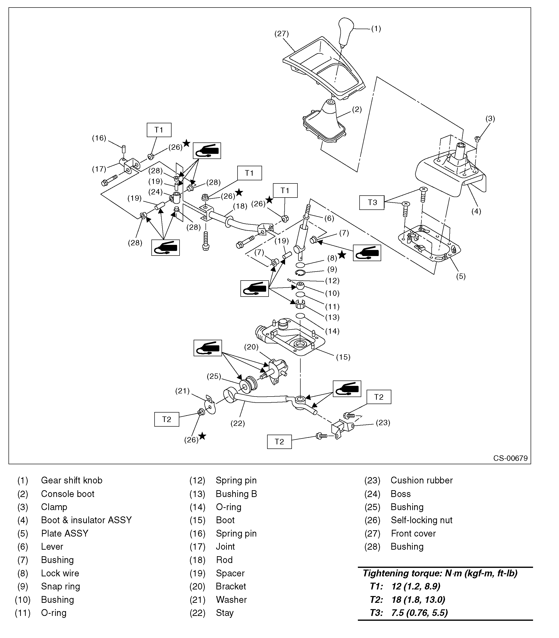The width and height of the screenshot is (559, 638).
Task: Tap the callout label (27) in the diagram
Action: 281,34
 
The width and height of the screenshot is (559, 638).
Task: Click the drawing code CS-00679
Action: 510,458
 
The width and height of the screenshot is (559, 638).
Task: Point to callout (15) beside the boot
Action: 343,357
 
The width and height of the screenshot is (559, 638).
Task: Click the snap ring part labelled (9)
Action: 300,273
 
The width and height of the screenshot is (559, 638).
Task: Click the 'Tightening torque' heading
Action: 440,573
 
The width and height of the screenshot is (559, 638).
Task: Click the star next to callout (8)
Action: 342,255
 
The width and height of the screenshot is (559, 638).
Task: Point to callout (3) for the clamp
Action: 490,119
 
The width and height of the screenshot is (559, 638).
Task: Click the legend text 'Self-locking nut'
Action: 421,520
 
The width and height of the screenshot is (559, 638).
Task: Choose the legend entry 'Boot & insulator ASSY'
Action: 86,520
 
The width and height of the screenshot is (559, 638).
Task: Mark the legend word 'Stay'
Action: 225,613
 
